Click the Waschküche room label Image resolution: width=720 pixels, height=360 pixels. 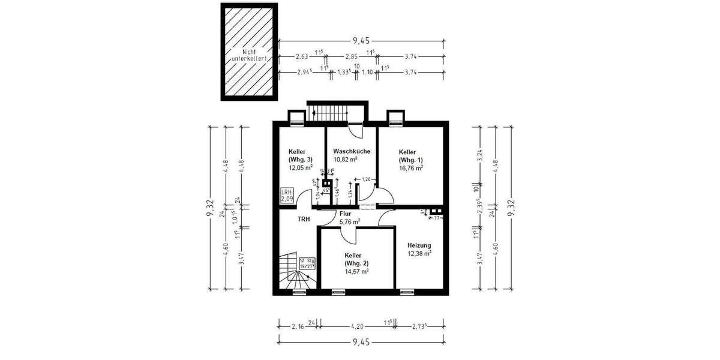[351, 151]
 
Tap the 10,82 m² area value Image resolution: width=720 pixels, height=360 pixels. [346, 160]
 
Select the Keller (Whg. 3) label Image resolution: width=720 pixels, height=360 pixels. [300, 155]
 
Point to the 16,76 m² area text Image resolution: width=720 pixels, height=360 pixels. [411, 169]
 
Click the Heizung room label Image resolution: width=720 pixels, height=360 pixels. [419, 245]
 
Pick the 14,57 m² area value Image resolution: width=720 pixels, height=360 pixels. [356, 271]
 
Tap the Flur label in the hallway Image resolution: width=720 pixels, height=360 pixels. [345, 213]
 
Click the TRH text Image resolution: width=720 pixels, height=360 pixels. [304, 220]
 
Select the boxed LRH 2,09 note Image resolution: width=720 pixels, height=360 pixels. [287, 194]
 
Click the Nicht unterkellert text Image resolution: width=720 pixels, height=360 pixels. [249, 55]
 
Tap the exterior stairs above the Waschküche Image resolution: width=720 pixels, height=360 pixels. [328, 112]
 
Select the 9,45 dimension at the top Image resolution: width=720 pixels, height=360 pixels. [361, 41]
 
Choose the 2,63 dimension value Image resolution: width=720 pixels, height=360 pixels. [302, 57]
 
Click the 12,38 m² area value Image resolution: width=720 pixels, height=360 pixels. [419, 254]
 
